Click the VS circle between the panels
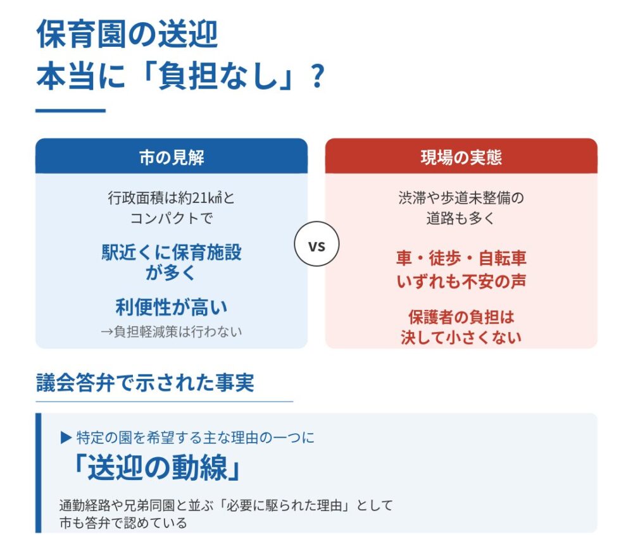[316, 243]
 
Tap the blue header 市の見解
[172, 156]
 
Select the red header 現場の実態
[461, 156]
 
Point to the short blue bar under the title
[71, 110]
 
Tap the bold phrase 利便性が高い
[172, 307]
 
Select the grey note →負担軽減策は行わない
[172, 331]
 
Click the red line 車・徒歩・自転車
[461, 258]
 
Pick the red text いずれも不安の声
[461, 281]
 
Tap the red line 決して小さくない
[461, 337]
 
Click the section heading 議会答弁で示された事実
[145, 382]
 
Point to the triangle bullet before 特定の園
[66, 438]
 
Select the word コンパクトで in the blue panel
[172, 218]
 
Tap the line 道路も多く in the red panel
[461, 218]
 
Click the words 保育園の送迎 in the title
[127, 34]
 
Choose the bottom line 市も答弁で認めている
[123, 522]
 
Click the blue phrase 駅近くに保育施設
[172, 252]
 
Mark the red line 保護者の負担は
[461, 317]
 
